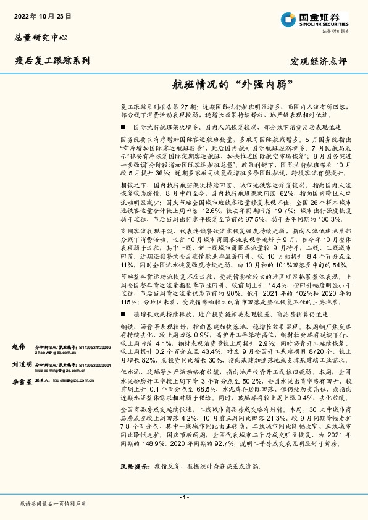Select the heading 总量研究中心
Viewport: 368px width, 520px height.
coord(38,38)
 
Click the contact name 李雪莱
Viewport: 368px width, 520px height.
coord(22,383)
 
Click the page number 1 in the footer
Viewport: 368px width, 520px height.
coord(184,497)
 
